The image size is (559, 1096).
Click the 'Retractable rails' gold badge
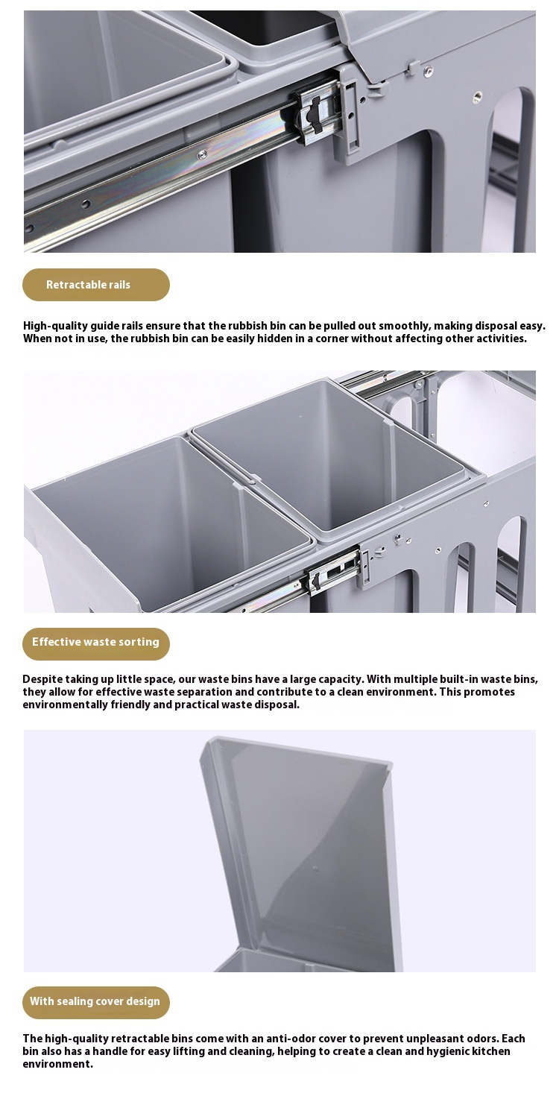tap(96, 284)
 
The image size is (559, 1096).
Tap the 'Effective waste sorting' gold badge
tap(96, 643)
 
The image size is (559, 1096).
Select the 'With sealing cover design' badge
tap(96, 1003)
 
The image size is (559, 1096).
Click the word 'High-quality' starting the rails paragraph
tap(55, 326)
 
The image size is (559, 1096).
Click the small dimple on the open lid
tap(315, 869)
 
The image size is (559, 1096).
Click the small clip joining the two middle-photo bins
tap(251, 479)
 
